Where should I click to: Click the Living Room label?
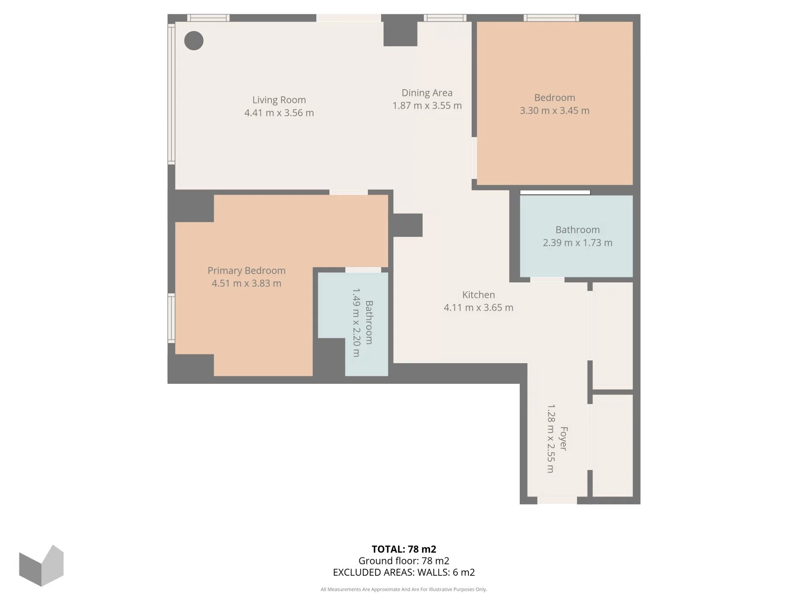click(x=279, y=100)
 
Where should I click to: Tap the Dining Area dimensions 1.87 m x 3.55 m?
click(x=427, y=106)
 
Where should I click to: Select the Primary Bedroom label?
click(x=247, y=271)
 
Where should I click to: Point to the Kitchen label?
click(x=478, y=295)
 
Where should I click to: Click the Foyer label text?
click(x=563, y=439)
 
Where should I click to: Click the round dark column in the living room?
click(x=194, y=41)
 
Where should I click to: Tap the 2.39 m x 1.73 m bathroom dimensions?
click(x=577, y=243)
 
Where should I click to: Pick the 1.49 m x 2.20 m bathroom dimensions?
click(x=356, y=323)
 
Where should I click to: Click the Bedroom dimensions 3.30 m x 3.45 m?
click(x=555, y=111)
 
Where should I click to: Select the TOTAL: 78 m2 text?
click(x=404, y=549)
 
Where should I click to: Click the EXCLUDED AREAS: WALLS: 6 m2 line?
click(x=404, y=572)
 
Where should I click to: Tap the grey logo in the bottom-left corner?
click(x=41, y=566)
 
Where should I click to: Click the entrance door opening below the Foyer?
click(x=557, y=500)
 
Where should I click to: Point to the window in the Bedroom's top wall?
click(x=551, y=18)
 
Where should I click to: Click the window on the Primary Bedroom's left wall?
click(x=171, y=318)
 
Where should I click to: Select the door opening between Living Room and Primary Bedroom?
click(x=348, y=192)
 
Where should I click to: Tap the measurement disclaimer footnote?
click(x=404, y=590)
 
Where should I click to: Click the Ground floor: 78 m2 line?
click(x=404, y=561)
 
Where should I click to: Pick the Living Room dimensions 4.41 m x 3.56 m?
click(x=279, y=113)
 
